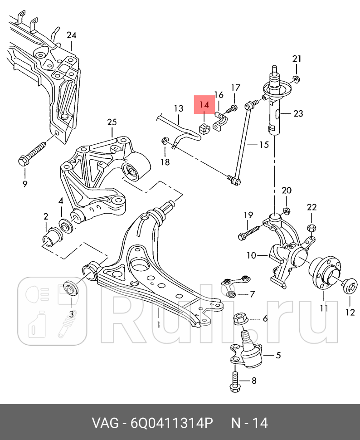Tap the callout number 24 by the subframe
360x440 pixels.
point(71,35)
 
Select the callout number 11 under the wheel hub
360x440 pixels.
point(323,308)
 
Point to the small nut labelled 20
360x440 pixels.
point(287,210)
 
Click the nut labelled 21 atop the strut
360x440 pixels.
point(296,80)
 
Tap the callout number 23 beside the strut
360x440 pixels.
point(298,113)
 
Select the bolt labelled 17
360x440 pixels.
point(232,108)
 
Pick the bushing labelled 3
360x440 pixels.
point(71,288)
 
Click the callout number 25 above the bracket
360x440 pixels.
point(112,122)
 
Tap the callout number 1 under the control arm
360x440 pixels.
point(159,324)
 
